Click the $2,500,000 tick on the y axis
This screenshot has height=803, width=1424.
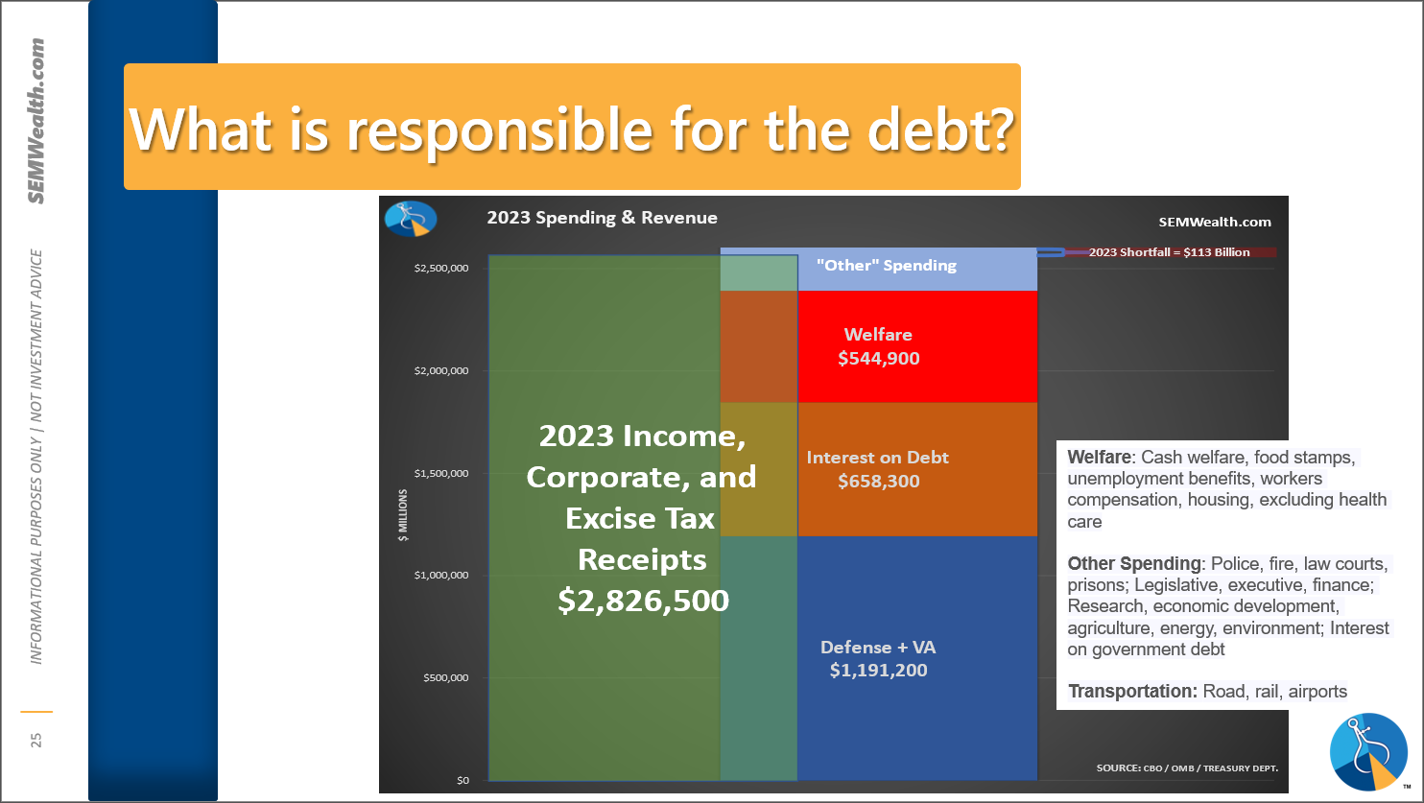point(441,269)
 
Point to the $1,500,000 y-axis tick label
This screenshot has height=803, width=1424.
point(441,473)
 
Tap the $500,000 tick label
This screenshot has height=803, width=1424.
point(445,677)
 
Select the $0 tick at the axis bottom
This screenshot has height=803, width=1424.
point(463,780)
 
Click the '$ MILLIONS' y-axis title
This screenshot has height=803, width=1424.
point(403,515)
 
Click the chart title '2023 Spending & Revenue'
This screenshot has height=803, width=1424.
point(602,218)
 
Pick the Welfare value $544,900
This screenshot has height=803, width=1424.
point(879,358)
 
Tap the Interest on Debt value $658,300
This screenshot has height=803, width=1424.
point(879,481)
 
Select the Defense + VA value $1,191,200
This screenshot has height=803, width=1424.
point(879,670)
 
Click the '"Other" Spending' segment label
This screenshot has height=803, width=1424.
point(887,265)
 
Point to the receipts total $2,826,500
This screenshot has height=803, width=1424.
point(643,601)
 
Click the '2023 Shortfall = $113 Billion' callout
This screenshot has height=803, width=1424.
point(1169,251)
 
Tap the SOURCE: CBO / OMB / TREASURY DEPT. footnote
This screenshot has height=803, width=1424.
point(1187,768)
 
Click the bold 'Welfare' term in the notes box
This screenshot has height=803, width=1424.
point(1099,457)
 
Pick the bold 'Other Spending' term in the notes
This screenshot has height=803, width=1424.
point(1134,563)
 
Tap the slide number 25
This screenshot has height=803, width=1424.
point(36,740)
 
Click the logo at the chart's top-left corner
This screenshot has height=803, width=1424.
point(411,219)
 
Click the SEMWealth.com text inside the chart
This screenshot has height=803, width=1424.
point(1214,222)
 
